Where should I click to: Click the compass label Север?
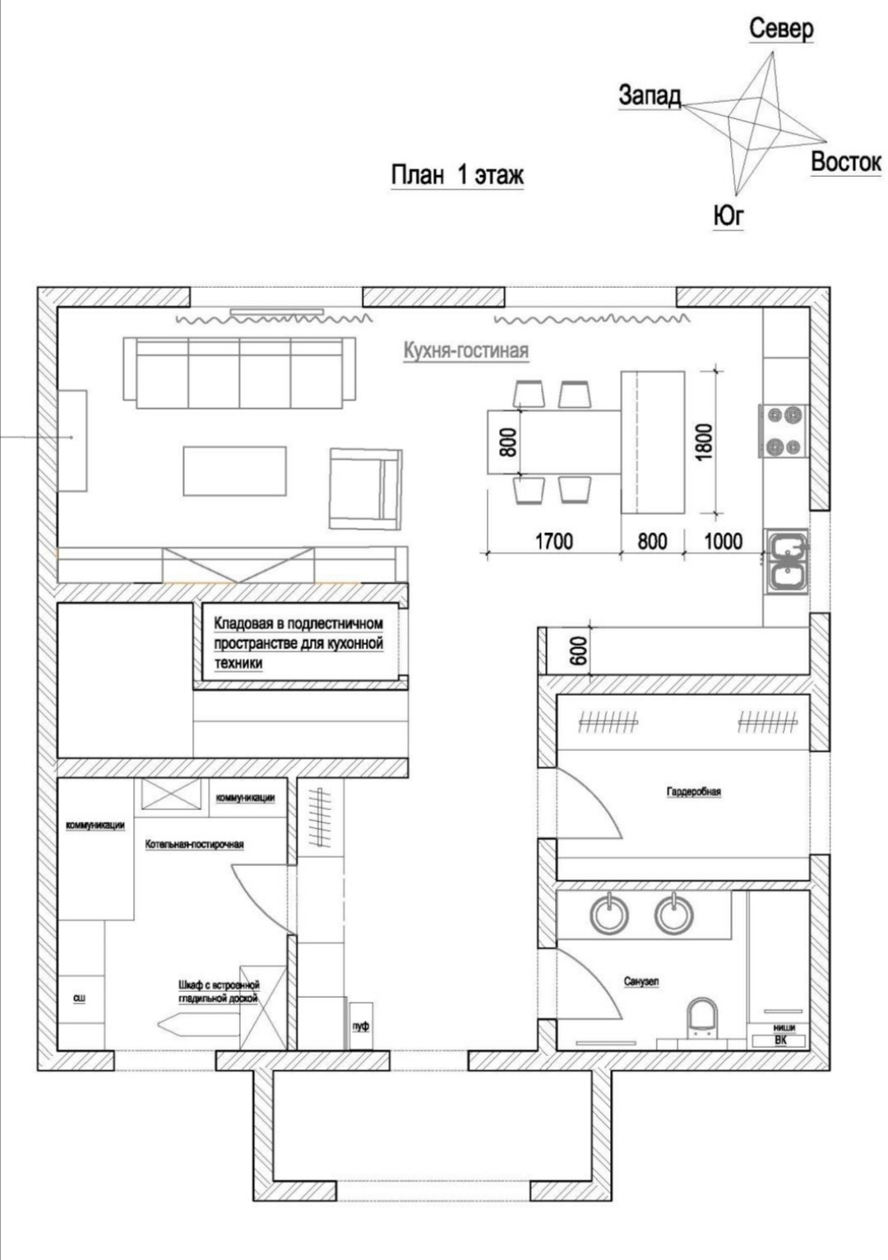click(x=781, y=29)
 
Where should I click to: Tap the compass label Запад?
click(x=650, y=95)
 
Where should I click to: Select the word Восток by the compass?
click(x=845, y=162)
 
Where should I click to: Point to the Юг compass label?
click(x=728, y=215)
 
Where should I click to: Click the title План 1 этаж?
click(x=457, y=175)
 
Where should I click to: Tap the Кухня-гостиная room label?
click(x=465, y=351)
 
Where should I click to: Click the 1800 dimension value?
click(x=704, y=442)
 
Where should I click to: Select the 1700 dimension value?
click(x=553, y=541)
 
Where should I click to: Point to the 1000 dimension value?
click(x=723, y=541)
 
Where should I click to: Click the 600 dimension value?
click(x=579, y=651)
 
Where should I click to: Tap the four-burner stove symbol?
click(x=784, y=431)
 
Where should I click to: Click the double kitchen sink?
click(x=788, y=562)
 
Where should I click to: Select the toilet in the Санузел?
click(x=702, y=1017)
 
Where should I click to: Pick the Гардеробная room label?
click(x=693, y=792)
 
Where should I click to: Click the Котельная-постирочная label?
click(x=194, y=845)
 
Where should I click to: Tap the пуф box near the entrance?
click(x=361, y=1026)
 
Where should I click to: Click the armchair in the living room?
click(x=366, y=489)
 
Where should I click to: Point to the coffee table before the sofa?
click(x=234, y=471)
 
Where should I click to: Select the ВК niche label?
click(x=779, y=1040)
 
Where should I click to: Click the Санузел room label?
click(x=641, y=982)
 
